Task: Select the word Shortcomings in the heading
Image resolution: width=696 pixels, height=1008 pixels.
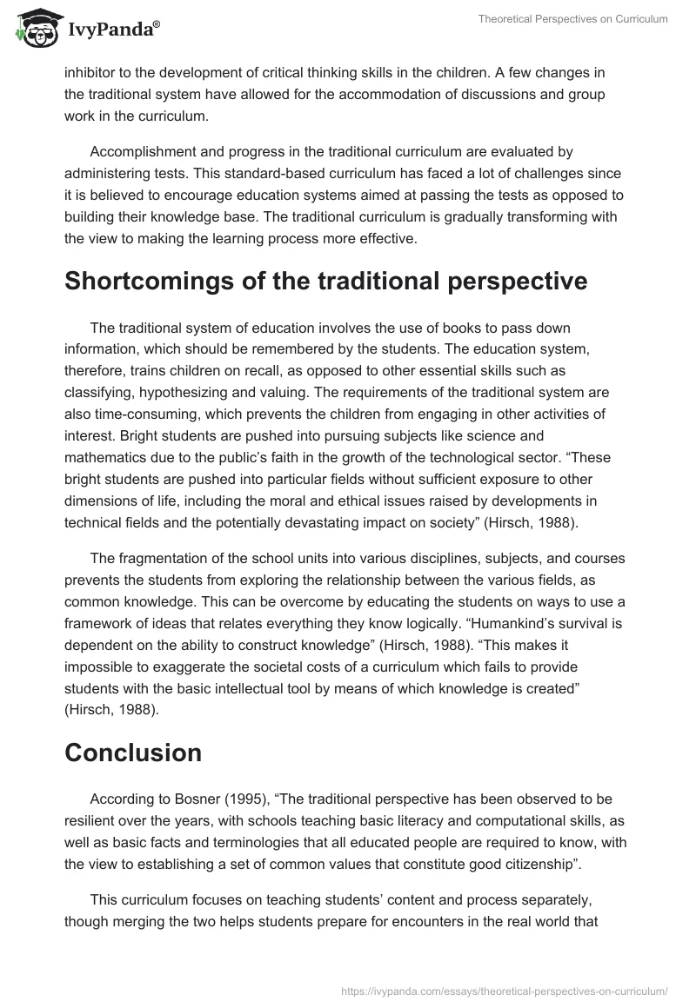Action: pyautogui.click(x=164, y=281)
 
